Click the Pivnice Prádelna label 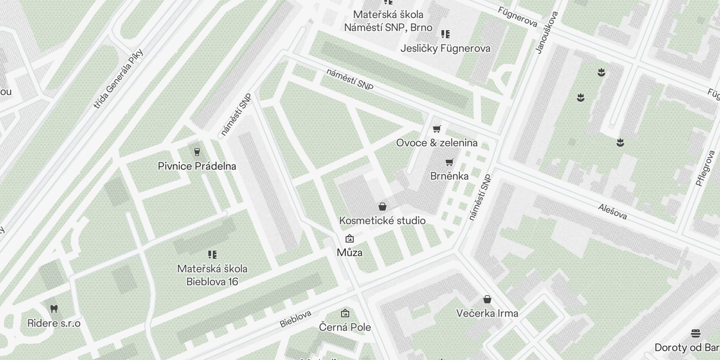click(x=197, y=166)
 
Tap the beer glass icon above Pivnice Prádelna click(x=197, y=152)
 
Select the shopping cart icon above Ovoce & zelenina click(x=436, y=129)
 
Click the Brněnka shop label click(x=449, y=176)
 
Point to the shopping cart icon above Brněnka click(x=449, y=162)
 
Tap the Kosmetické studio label click(x=382, y=220)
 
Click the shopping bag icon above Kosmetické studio click(x=382, y=207)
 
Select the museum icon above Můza click(x=349, y=238)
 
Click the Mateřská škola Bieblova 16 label click(x=212, y=275)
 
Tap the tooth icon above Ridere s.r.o click(x=54, y=309)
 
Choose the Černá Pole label click(x=345, y=327)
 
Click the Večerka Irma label click(x=487, y=313)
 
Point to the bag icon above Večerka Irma click(x=487, y=299)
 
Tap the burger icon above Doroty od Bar click(x=696, y=333)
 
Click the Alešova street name click(x=612, y=211)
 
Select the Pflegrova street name click(x=705, y=168)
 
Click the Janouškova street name click(x=547, y=32)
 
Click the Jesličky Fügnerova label click(x=445, y=48)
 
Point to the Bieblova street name click(x=296, y=319)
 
